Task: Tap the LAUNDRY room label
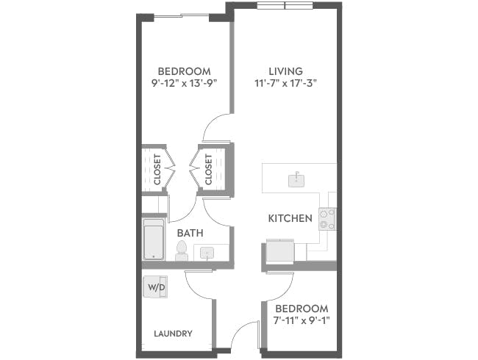pyautogui.click(x=173, y=334)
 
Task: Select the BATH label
pyautogui.click(x=190, y=233)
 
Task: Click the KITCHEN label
pyautogui.click(x=290, y=218)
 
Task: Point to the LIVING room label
pyautogui.click(x=285, y=71)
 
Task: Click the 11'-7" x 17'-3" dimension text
pyautogui.click(x=285, y=83)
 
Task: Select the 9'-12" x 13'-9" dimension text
pyautogui.click(x=178, y=83)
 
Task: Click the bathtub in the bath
pyautogui.click(x=154, y=239)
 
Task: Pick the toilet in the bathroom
pyautogui.click(x=182, y=251)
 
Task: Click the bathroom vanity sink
pyautogui.click(x=208, y=253)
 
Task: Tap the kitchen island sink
pyautogui.click(x=296, y=179)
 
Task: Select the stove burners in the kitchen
pyautogui.click(x=327, y=219)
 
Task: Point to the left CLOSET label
pyautogui.click(x=157, y=170)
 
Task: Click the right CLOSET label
pyautogui.click(x=209, y=170)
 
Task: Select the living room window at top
pyautogui.click(x=285, y=6)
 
